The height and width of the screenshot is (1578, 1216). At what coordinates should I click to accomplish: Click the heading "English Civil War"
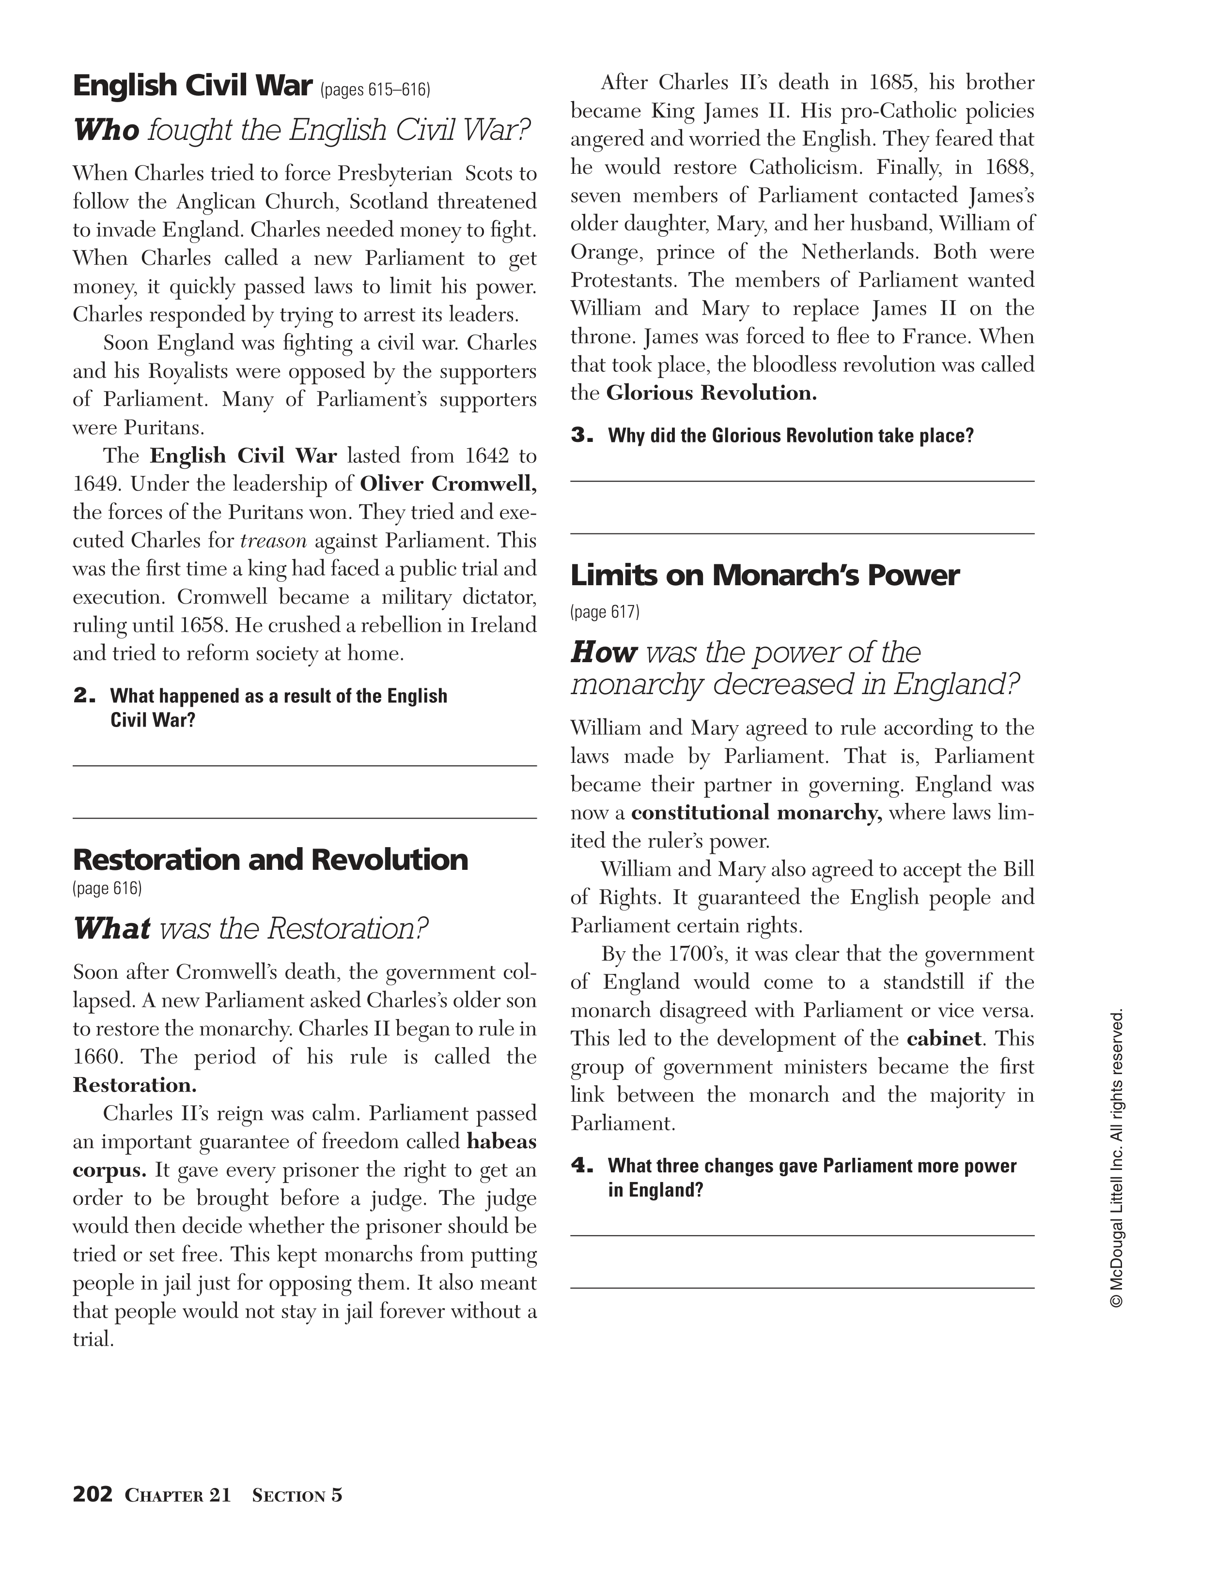(192, 86)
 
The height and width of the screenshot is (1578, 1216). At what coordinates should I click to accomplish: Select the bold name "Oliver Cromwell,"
(448, 484)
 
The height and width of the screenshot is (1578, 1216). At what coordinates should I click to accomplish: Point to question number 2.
(84, 696)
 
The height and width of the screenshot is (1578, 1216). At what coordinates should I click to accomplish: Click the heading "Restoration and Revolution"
(270, 860)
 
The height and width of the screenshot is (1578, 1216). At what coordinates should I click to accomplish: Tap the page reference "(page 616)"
(107, 888)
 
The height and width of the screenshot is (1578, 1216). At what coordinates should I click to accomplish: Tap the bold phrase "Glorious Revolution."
(711, 393)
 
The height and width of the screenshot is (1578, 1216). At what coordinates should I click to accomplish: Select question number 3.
(581, 436)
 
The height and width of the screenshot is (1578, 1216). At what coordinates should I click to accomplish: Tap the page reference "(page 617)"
(605, 612)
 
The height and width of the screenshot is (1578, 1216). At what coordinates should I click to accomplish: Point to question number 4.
(581, 1166)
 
